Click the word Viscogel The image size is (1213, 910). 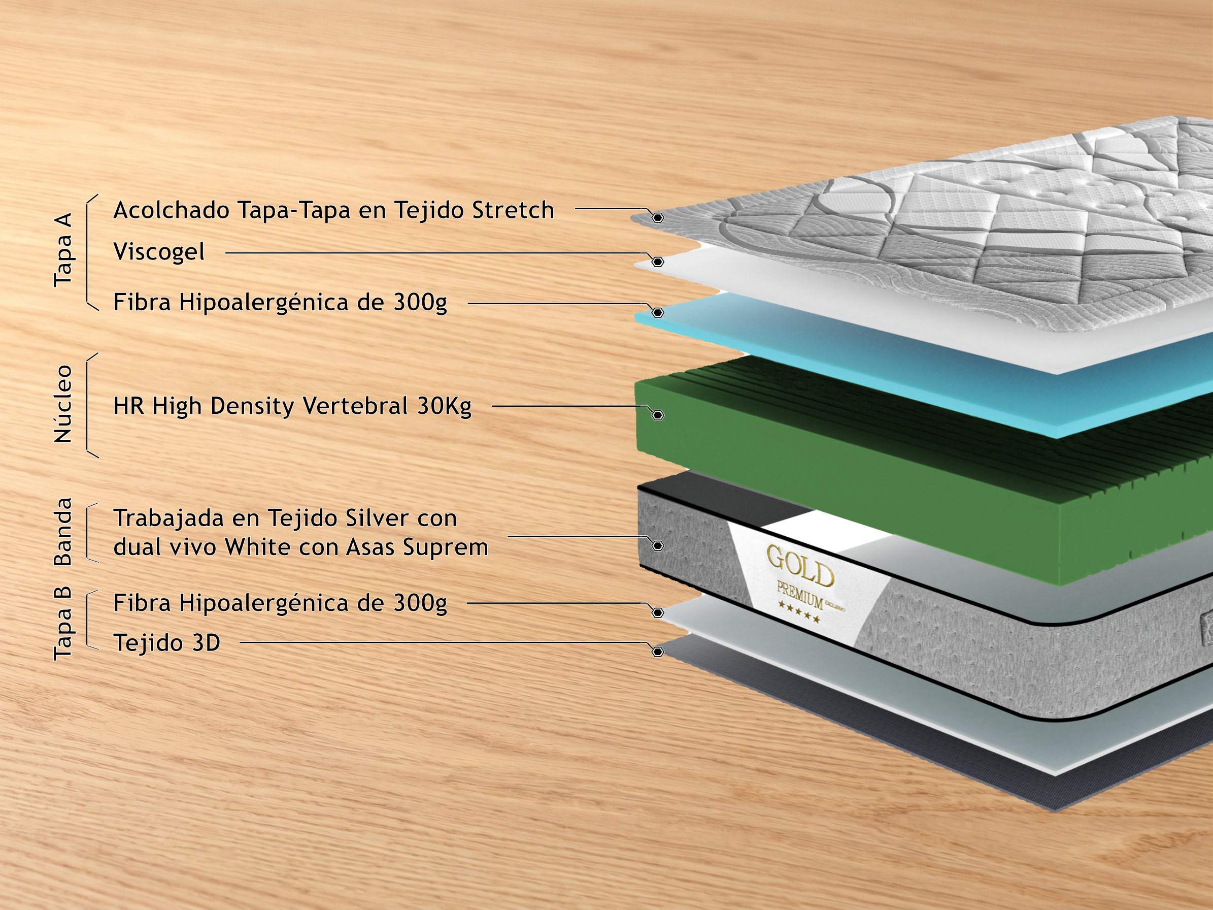(x=159, y=252)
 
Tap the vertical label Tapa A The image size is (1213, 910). (x=63, y=249)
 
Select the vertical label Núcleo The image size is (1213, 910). (x=63, y=404)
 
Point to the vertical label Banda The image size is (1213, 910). (x=63, y=532)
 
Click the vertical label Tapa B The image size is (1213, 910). (x=63, y=623)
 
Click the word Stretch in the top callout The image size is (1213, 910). (x=513, y=210)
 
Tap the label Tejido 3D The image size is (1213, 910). (x=166, y=643)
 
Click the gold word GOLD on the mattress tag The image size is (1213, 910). (x=800, y=566)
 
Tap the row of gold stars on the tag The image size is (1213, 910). (x=799, y=613)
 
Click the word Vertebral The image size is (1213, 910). (x=355, y=406)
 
